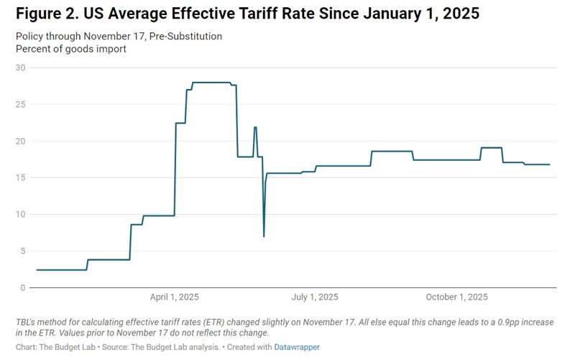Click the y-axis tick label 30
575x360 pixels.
click(x=20, y=68)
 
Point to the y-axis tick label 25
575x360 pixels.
click(x=20, y=104)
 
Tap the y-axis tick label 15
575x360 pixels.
click(x=20, y=177)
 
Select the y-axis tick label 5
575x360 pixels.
click(x=22, y=251)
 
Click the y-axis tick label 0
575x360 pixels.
click(x=22, y=287)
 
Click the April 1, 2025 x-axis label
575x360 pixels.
click(x=175, y=297)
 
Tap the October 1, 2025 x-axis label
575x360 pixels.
click(x=456, y=297)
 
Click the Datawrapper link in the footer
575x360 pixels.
click(x=298, y=347)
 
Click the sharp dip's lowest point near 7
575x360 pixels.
click(x=264, y=236)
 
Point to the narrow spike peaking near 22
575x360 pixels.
click(x=255, y=127)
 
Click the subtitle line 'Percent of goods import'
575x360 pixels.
click(x=70, y=49)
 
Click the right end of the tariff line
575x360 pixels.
click(x=550, y=165)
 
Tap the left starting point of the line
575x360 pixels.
click(x=37, y=270)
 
